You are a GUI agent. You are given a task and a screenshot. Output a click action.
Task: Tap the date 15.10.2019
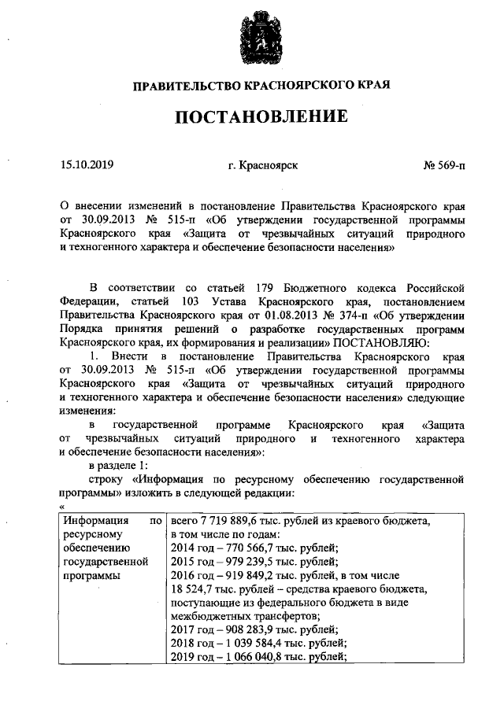(x=87, y=165)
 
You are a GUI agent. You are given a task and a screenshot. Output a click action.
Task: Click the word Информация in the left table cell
(x=91, y=521)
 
